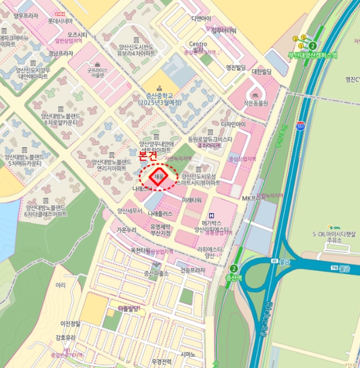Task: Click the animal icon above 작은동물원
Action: pos(256,95)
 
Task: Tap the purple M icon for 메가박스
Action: pos(212,215)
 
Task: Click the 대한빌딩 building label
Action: pos(262,71)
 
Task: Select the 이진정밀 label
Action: pos(71,323)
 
